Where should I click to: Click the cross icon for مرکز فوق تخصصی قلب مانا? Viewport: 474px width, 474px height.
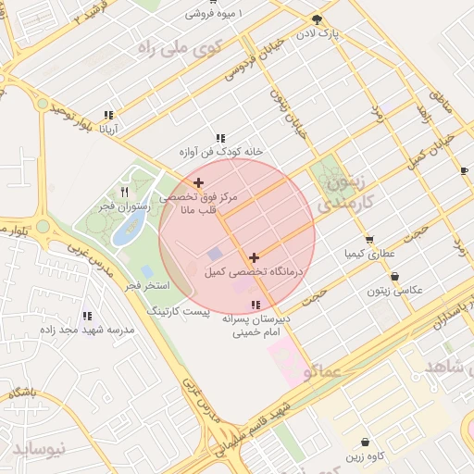(x=199, y=182)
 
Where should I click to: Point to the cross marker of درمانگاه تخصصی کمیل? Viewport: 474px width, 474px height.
(x=255, y=257)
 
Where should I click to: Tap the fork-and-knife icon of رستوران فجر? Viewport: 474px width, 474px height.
(x=124, y=192)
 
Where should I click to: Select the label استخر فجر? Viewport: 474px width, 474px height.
(x=147, y=285)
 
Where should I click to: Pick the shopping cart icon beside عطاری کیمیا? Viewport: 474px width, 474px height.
(x=368, y=239)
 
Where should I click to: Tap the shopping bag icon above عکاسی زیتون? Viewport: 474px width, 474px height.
(x=395, y=276)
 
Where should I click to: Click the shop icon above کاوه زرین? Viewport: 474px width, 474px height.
(x=366, y=443)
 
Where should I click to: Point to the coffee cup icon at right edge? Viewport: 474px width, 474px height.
(x=464, y=170)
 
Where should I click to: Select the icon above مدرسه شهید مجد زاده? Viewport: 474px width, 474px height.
(x=87, y=316)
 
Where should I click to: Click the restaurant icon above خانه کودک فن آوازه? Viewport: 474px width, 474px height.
(x=220, y=137)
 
